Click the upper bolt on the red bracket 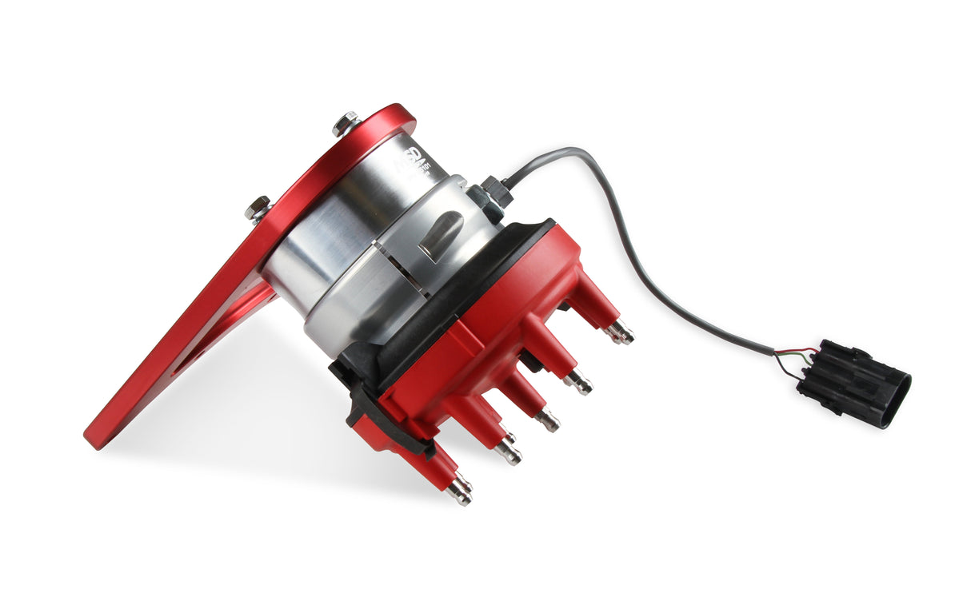(x=346, y=124)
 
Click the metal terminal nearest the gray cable (x=620, y=332)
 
